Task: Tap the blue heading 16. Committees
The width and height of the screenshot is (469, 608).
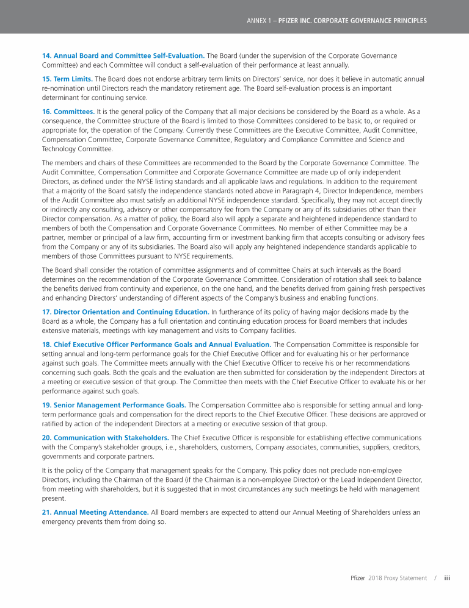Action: (x=68, y=112)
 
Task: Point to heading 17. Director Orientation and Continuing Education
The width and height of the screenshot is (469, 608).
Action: (x=125, y=312)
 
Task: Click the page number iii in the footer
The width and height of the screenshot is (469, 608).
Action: (x=447, y=578)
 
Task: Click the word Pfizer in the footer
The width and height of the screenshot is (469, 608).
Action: (x=358, y=578)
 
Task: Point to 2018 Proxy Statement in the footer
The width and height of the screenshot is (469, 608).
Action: (x=398, y=578)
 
